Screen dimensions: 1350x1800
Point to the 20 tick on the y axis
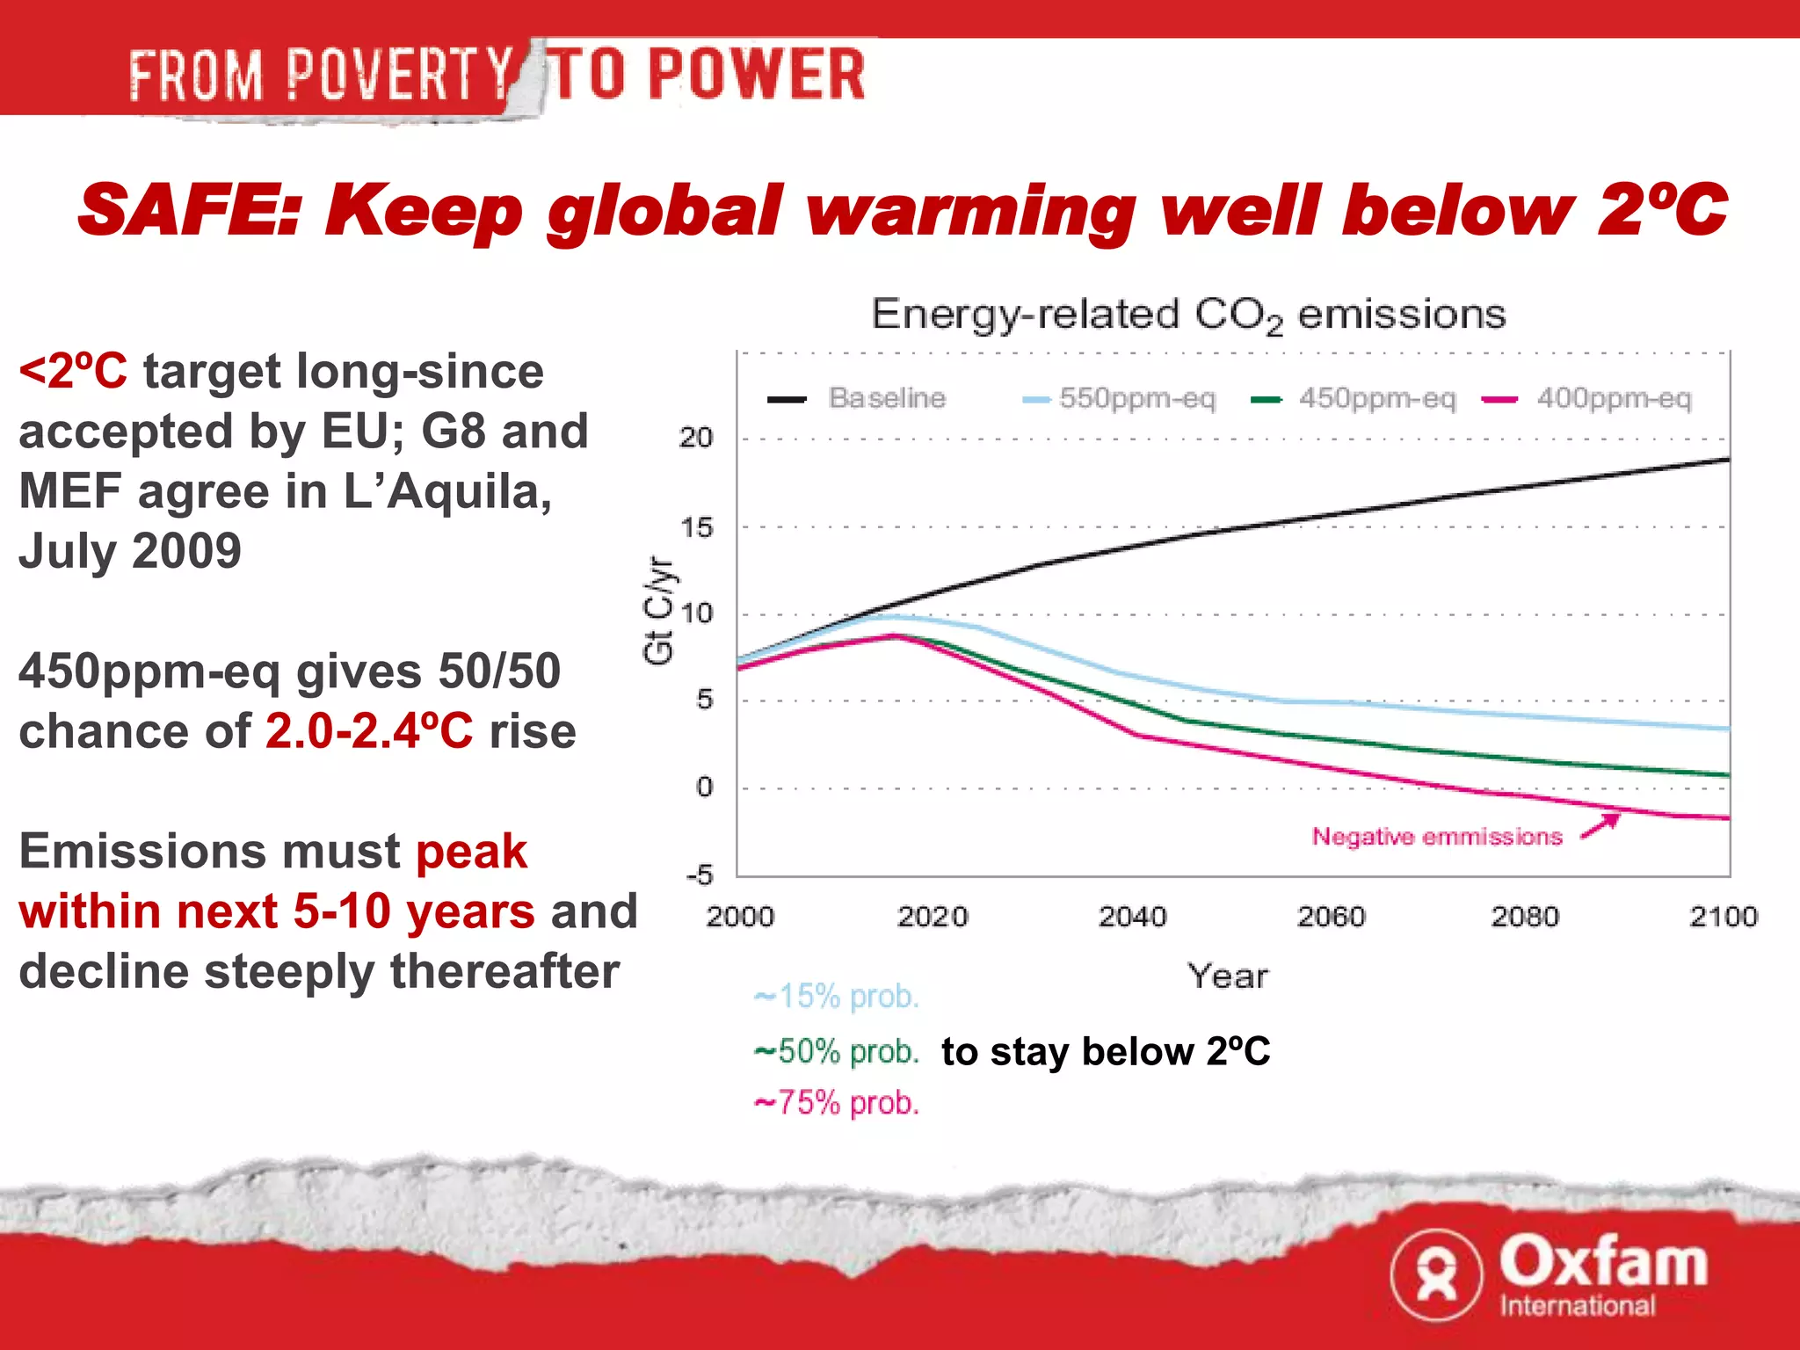click(x=695, y=438)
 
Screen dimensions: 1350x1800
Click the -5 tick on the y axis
click(x=700, y=875)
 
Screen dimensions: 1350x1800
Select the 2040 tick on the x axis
click(x=1132, y=918)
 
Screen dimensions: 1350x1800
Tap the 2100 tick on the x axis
click(x=1723, y=918)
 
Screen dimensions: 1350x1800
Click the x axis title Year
click(x=1228, y=976)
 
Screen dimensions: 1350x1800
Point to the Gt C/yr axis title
click(x=659, y=610)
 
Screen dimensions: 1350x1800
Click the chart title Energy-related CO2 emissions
click(x=1188, y=315)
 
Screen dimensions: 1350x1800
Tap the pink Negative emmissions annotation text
click(x=1437, y=837)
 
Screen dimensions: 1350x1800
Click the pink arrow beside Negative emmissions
click(x=1600, y=826)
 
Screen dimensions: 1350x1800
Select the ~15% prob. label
click(x=837, y=997)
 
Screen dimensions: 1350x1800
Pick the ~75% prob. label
click(x=837, y=1103)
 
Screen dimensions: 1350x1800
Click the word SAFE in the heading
click(x=187, y=211)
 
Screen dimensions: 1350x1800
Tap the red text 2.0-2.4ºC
click(x=369, y=731)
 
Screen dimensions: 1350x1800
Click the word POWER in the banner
click(x=757, y=75)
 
